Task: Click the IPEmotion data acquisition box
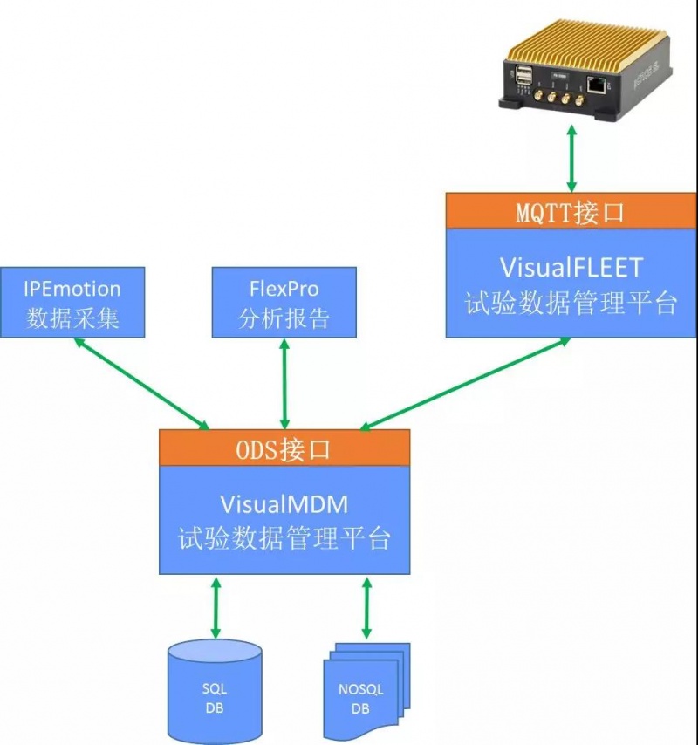pyautogui.click(x=72, y=302)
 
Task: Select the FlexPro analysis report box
pyautogui.click(x=284, y=302)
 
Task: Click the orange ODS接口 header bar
pyautogui.click(x=284, y=448)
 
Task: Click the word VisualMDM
pyautogui.click(x=284, y=502)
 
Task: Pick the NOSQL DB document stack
pyautogui.click(x=365, y=694)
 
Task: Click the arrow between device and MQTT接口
pyautogui.click(x=571, y=158)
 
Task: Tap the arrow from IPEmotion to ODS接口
pyautogui.click(x=141, y=383)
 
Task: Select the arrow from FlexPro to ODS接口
pyautogui.click(x=284, y=383)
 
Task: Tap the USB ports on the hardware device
pyautogui.click(x=523, y=81)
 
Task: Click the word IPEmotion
pyautogui.click(x=72, y=289)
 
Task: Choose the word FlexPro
pyautogui.click(x=284, y=289)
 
